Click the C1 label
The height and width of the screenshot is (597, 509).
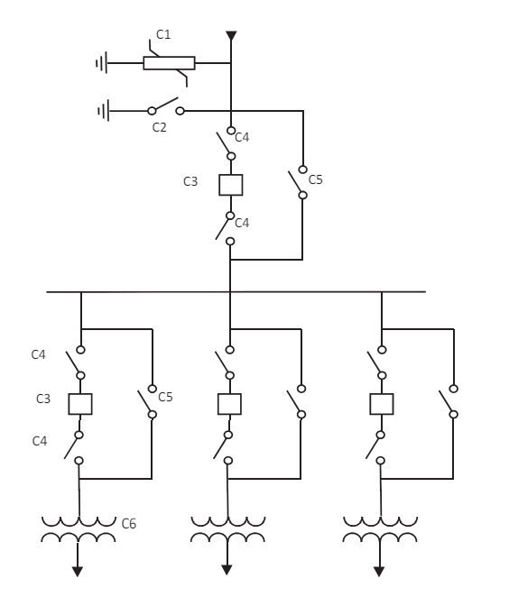point(163,34)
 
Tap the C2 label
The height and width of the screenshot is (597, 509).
point(159,127)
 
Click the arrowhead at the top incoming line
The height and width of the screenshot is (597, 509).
point(231,35)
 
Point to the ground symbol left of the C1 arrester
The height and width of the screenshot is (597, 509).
point(102,63)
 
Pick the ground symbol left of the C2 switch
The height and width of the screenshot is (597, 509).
point(104,111)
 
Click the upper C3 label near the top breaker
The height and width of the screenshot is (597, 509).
point(190,181)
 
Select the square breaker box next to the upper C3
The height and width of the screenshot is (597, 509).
point(231,185)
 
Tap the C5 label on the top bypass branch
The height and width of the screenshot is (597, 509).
point(316,179)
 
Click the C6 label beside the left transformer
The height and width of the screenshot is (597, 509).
point(129,524)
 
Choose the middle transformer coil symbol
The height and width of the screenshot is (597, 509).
point(227,529)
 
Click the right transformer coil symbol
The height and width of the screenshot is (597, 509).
point(380,529)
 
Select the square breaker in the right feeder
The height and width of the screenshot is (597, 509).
point(382,404)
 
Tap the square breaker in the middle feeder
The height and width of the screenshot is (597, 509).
point(229,404)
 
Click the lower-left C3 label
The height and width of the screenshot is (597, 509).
point(43,399)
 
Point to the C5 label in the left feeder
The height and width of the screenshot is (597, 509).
point(165,397)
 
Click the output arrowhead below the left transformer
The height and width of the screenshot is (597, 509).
point(78,572)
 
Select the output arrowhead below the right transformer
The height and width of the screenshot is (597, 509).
point(379,572)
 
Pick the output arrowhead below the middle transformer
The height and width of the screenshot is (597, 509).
point(227,570)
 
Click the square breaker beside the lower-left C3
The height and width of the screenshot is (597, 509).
point(80,404)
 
